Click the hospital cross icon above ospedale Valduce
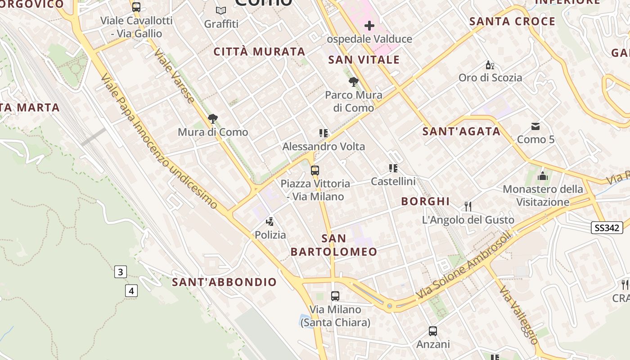(369, 26)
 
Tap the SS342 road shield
(607, 228)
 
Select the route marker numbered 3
(120, 272)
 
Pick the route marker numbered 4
(131, 291)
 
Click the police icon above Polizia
(270, 221)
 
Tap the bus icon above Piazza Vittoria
(315, 171)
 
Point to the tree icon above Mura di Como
(212, 119)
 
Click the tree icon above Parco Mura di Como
(354, 82)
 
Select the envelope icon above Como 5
(535, 126)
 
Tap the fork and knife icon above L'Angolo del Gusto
(468, 207)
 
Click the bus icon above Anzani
(433, 331)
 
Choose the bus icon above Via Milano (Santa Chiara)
(335, 296)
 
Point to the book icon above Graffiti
(221, 10)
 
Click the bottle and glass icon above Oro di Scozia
(490, 65)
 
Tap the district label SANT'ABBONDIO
(225, 282)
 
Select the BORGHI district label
(425, 201)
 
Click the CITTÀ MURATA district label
(260, 52)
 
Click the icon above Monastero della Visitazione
(543, 176)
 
